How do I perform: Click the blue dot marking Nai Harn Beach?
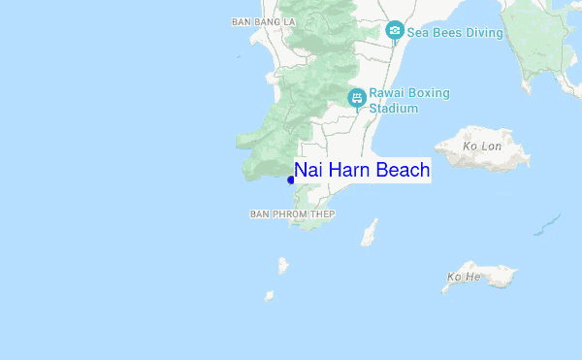tap(291, 179)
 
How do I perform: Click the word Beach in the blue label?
tap(402, 171)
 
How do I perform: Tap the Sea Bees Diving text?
tap(455, 33)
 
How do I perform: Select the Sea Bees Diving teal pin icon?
tap(395, 31)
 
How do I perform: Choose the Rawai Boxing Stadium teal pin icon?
tap(357, 97)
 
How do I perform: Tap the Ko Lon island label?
tap(481, 147)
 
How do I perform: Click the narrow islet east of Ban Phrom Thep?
tap(369, 232)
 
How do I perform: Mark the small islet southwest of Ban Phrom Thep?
tap(283, 265)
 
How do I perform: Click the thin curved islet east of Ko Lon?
tap(547, 225)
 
